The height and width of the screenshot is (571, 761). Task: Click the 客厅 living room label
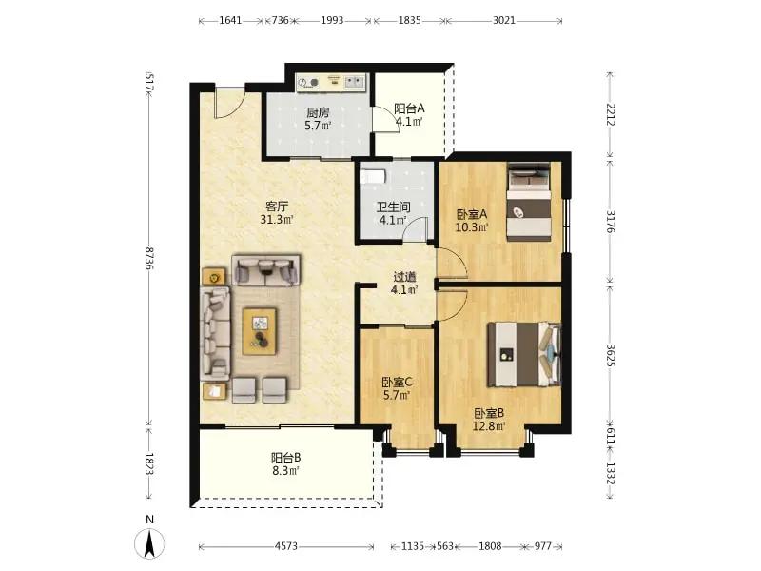tap(277, 206)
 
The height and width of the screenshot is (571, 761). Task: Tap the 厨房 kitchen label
tap(318, 113)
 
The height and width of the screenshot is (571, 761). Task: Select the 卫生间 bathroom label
tap(394, 207)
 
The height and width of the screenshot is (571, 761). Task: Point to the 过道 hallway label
tap(404, 277)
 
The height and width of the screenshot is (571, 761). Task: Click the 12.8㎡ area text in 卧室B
tap(489, 426)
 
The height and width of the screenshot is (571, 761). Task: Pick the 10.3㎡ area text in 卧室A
tap(471, 226)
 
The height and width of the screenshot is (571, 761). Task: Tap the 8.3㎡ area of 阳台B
tap(284, 470)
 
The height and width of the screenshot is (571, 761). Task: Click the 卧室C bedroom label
tap(397, 383)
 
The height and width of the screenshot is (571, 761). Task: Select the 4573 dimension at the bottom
tap(286, 546)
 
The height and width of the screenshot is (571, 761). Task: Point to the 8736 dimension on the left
tap(149, 258)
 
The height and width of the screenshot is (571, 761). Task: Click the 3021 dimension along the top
tap(504, 20)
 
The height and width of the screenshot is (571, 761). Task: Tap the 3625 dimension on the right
tap(611, 355)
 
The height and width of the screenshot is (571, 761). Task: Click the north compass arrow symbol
tap(150, 543)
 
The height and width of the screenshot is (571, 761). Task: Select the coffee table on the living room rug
tap(260, 331)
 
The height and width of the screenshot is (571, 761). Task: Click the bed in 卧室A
tap(529, 202)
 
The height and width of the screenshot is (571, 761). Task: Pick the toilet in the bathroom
tap(373, 176)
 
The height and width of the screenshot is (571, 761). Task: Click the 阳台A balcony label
tap(409, 108)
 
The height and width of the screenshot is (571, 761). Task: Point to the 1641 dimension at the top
tap(230, 20)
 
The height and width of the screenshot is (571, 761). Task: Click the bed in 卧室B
tap(524, 354)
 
